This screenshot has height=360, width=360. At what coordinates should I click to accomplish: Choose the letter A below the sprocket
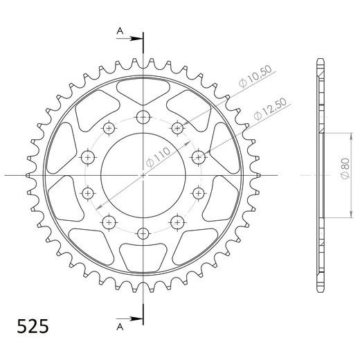tap(119, 325)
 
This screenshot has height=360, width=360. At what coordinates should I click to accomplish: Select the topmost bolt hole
tap(143, 116)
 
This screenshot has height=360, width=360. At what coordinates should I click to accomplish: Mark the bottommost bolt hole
tap(143, 232)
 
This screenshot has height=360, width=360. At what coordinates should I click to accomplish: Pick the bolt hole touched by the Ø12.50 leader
tap(198, 155)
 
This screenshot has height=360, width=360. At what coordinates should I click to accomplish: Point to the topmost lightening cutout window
tap(143, 90)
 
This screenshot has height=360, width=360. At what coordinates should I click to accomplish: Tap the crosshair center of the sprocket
tap(143, 174)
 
